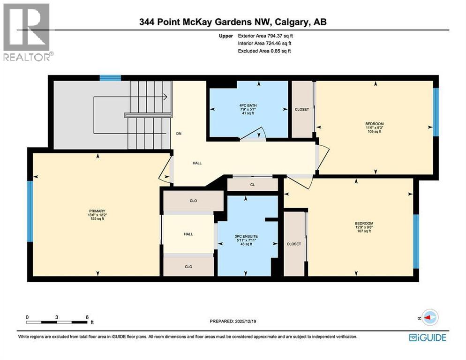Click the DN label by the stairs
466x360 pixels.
(179, 134)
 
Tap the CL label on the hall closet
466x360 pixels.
(252, 185)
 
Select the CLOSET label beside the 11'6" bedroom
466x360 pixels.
(302, 110)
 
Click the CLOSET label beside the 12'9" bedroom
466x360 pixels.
(293, 244)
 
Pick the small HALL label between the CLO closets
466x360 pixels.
(188, 234)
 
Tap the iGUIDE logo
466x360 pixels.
(427, 337)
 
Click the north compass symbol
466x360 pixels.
(428, 317)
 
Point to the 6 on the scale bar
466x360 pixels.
(87, 317)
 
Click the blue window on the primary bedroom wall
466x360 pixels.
(30, 211)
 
